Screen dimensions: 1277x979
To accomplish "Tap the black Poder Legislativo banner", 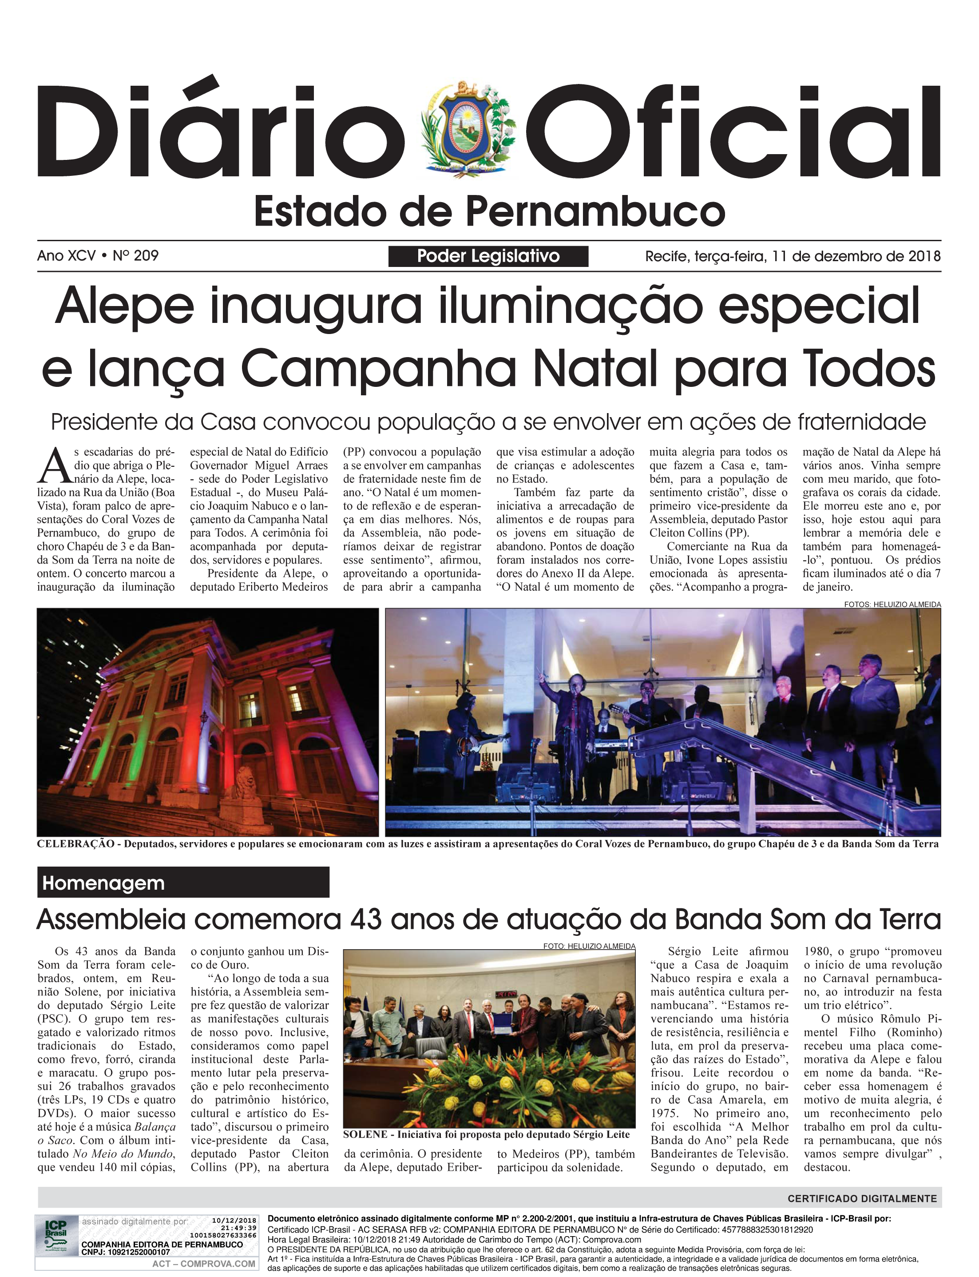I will [488, 256].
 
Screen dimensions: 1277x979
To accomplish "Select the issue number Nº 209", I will [136, 256].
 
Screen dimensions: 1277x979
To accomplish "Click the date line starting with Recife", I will [793, 256].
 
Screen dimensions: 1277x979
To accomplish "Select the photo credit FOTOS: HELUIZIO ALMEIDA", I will [892, 605].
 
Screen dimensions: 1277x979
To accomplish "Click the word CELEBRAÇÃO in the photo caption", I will [75, 844].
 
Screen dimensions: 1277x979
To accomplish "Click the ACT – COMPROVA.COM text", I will [203, 1264].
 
